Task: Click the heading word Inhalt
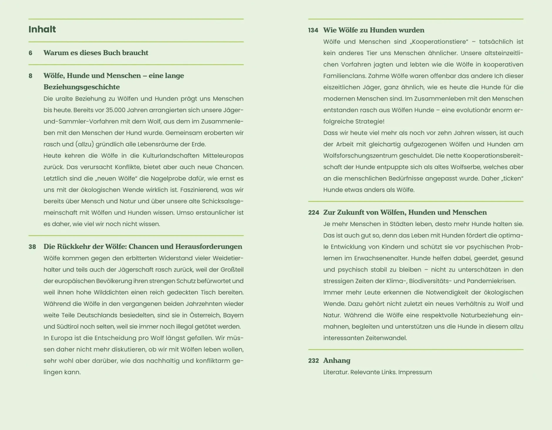coord(42,29)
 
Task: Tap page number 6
coord(30,53)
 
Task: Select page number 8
coord(30,76)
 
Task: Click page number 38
coord(32,247)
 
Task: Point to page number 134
coord(313,30)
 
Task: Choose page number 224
coord(313,213)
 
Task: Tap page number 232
coord(313,361)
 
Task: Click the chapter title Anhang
coord(337,361)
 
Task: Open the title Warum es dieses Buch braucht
coord(96,53)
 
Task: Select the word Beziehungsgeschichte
coord(82,87)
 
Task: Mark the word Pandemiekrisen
coord(491,281)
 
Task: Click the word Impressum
coord(415,372)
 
